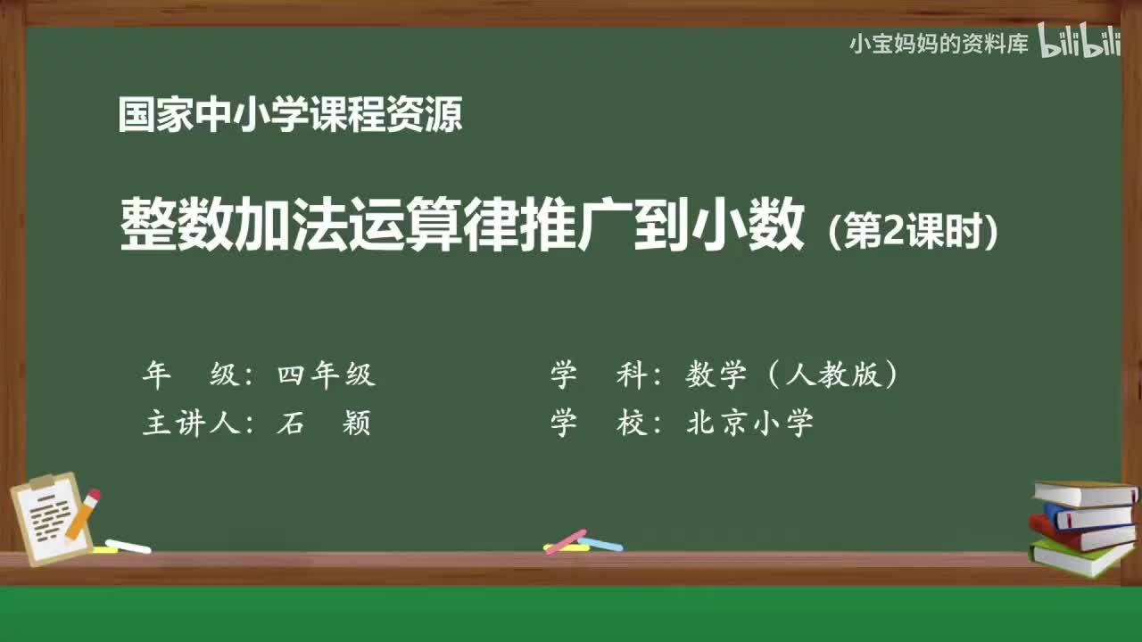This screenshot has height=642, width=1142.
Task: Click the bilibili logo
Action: [1079, 43]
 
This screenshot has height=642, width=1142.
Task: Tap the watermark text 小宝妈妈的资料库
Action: [939, 44]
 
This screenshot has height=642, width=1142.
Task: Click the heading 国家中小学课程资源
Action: [290, 115]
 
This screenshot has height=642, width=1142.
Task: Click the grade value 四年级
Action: [326, 375]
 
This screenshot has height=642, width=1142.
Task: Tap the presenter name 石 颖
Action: [323, 423]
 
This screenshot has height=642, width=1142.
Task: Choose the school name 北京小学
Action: [749, 423]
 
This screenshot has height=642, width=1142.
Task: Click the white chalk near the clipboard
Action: [128, 546]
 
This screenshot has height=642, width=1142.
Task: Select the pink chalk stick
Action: [565, 540]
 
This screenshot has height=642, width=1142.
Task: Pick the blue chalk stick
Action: [600, 544]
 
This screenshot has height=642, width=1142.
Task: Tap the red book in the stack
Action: [1080, 532]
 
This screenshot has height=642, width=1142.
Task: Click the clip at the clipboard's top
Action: [43, 481]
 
